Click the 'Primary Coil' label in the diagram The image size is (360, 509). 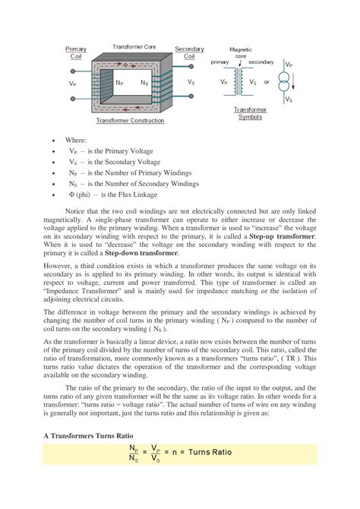click(x=77, y=52)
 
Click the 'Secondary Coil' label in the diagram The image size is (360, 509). click(x=189, y=52)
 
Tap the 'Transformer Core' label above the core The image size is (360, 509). click(x=134, y=46)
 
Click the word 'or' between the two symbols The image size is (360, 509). click(x=266, y=82)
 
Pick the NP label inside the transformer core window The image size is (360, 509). click(x=120, y=82)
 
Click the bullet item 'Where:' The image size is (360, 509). click(x=77, y=141)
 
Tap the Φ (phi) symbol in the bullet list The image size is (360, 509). click(x=71, y=194)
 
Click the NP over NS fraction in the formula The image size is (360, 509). click(x=134, y=454)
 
